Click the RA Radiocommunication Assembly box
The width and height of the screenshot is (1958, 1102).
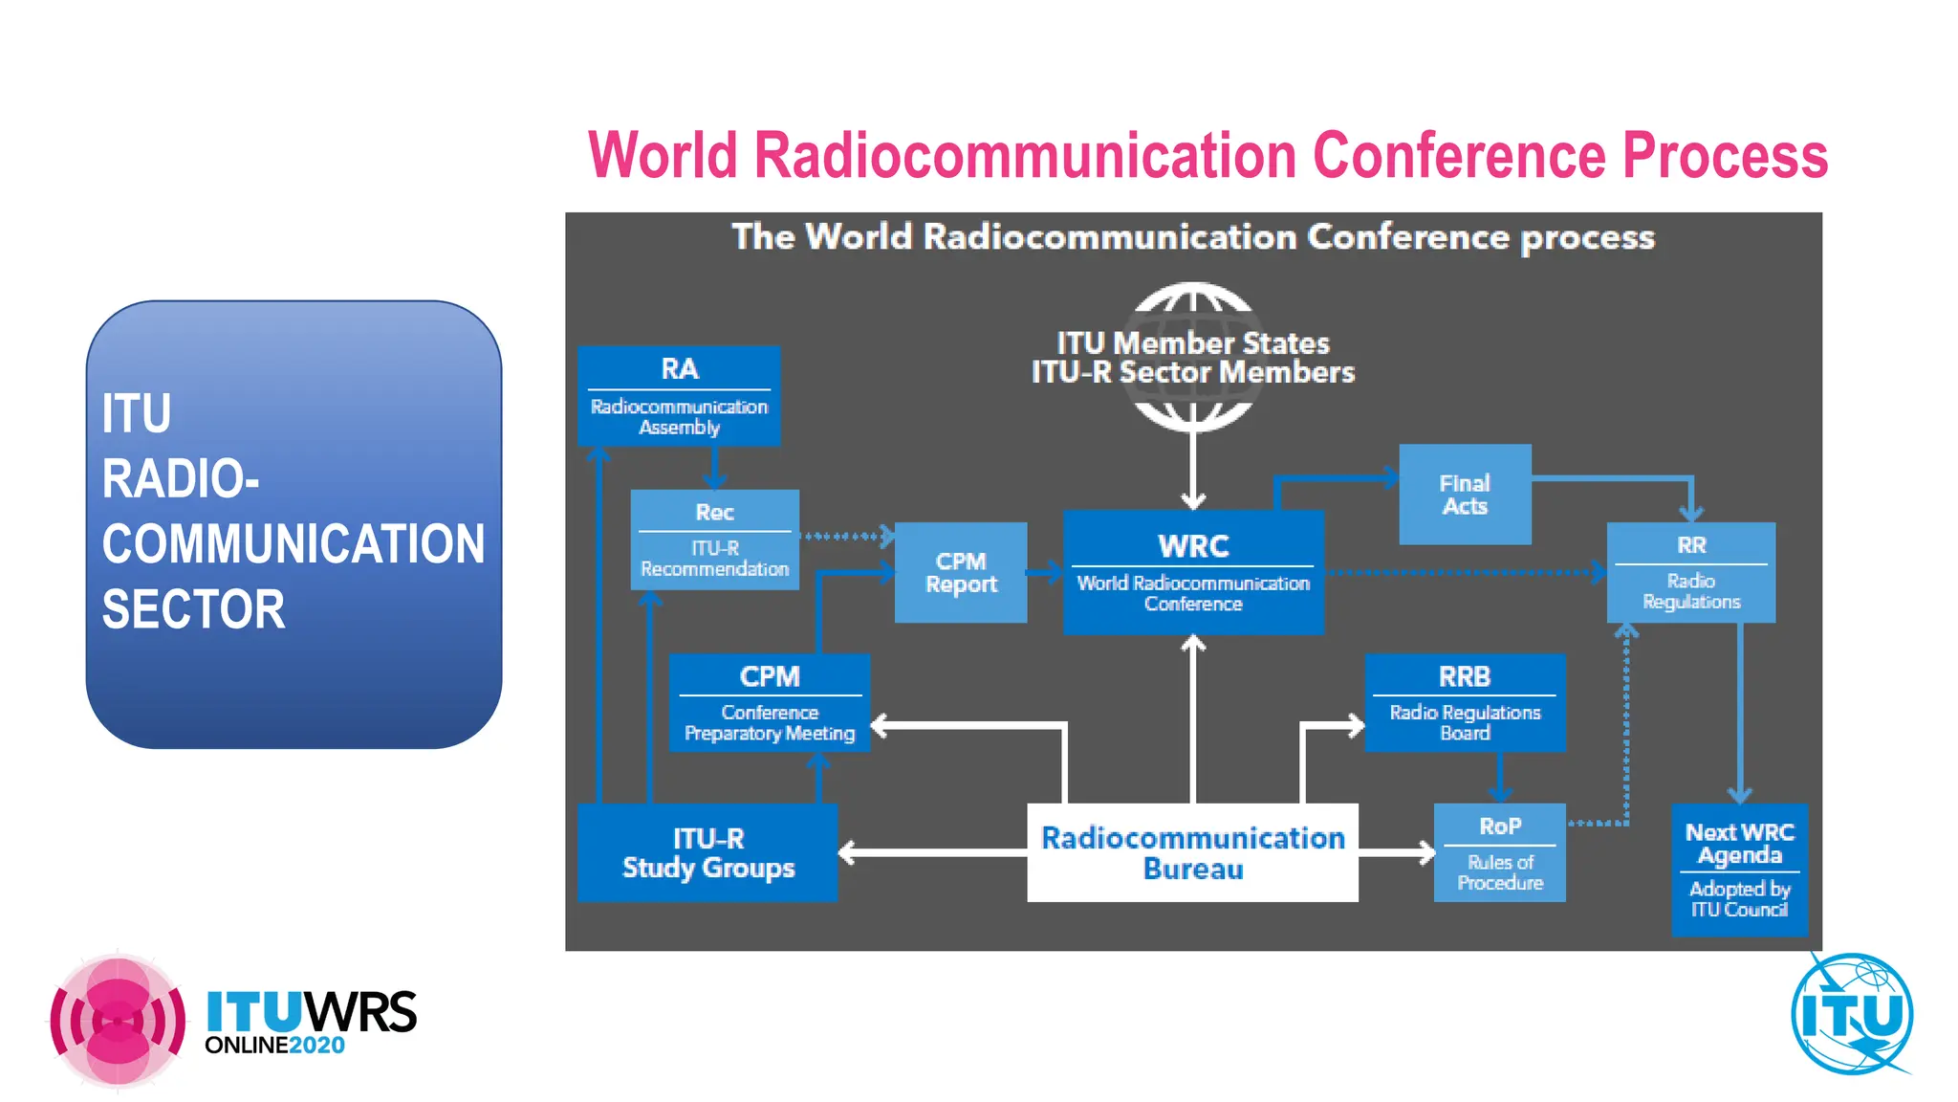click(679, 395)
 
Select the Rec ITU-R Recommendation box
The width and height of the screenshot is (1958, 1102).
click(714, 540)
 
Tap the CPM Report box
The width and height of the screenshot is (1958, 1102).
click(961, 572)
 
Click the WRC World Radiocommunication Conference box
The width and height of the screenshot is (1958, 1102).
click(1193, 571)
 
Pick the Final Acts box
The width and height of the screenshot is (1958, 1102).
click(1465, 495)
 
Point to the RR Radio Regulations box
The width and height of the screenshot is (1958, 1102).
click(1690, 572)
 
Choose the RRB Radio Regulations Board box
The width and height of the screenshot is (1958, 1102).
click(1465, 702)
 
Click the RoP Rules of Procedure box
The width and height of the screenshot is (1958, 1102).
click(1499, 852)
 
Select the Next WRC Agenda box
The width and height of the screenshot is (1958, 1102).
click(1739, 870)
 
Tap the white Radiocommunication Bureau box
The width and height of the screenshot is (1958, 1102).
click(1192, 852)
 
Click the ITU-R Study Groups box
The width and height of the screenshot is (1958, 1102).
click(707, 852)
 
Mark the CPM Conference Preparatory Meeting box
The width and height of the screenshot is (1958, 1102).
click(769, 702)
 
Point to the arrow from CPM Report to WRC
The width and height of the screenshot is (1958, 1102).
click(1045, 572)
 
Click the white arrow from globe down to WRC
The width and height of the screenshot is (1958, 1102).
click(1193, 469)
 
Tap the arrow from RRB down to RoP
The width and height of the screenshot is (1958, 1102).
click(1499, 777)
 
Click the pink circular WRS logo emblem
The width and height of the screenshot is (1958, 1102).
click(118, 1021)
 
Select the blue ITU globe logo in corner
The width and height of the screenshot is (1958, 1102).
click(1852, 1014)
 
